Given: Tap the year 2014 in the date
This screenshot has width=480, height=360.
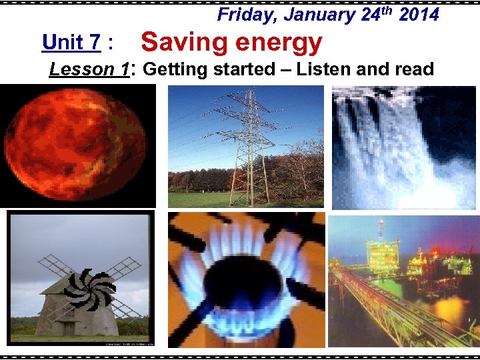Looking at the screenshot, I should [x=419, y=15].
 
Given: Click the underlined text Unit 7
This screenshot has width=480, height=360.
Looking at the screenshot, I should [x=71, y=43].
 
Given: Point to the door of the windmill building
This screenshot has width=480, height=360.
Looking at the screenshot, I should [x=69, y=329].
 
